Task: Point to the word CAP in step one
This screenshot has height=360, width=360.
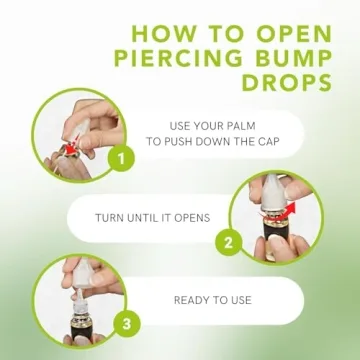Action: click(x=276, y=143)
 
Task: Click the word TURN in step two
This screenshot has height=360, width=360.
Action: click(x=111, y=217)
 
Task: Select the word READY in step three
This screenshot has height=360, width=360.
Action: click(x=195, y=299)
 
